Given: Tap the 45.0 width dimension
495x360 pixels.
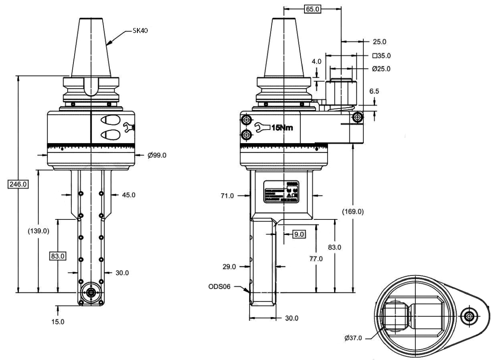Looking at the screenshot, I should (128, 195).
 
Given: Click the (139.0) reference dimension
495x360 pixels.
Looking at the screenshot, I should (38, 231).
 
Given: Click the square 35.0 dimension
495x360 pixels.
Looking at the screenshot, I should (381, 55).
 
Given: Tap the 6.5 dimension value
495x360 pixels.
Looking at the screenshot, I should (374, 92).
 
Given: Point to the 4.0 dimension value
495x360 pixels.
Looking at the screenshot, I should (316, 61).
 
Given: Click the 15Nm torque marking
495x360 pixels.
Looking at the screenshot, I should (282, 127).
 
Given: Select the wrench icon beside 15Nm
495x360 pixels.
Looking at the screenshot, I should (262, 127).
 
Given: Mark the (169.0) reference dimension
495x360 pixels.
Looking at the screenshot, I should (353, 212).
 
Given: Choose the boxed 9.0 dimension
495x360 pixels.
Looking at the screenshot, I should (299, 234).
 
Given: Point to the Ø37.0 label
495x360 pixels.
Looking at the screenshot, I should (353, 338).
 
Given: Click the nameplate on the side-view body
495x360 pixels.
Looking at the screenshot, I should (281, 191).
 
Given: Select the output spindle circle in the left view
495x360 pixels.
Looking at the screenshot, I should (91, 292).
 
